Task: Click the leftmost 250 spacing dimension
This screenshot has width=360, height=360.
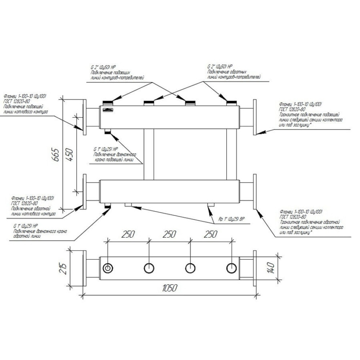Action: (128, 234)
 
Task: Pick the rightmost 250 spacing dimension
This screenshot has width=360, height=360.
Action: (211, 234)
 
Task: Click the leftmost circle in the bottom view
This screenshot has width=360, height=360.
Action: (107, 268)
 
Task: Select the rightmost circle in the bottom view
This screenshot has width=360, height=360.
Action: (231, 268)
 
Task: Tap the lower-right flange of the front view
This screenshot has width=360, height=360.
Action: (255, 191)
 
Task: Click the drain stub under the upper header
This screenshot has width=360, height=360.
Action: (107, 131)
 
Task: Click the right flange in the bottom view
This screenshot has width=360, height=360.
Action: (255, 268)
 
